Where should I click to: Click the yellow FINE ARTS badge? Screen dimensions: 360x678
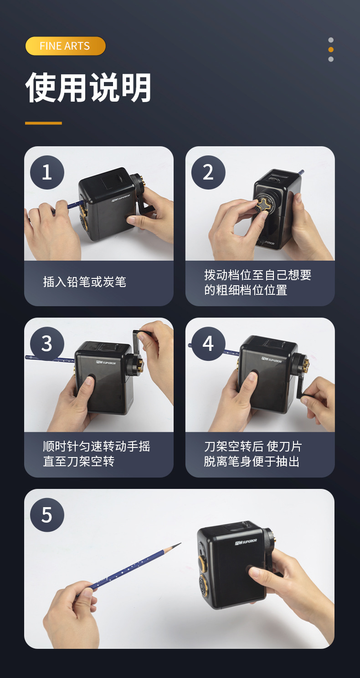click(x=66, y=46)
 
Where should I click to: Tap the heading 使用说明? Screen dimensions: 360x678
click(x=88, y=87)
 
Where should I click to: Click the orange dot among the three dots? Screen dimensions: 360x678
click(x=331, y=50)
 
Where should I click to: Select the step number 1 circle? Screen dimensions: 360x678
click(x=47, y=173)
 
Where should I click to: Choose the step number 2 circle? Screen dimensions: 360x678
click(x=208, y=173)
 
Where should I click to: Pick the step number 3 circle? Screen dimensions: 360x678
click(x=47, y=344)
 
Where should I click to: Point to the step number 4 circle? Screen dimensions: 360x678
click(x=208, y=344)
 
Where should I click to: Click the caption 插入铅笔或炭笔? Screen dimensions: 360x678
click(x=84, y=282)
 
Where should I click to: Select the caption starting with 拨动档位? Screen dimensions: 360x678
click(x=257, y=282)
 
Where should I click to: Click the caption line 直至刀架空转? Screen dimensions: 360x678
click(x=79, y=462)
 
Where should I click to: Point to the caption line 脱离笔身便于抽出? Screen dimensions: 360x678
click(x=252, y=462)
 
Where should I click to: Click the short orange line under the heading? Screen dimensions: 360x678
click(x=43, y=123)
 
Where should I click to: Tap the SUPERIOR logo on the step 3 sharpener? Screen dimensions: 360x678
click(x=106, y=362)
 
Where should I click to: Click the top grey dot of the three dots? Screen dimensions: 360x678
click(x=331, y=40)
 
